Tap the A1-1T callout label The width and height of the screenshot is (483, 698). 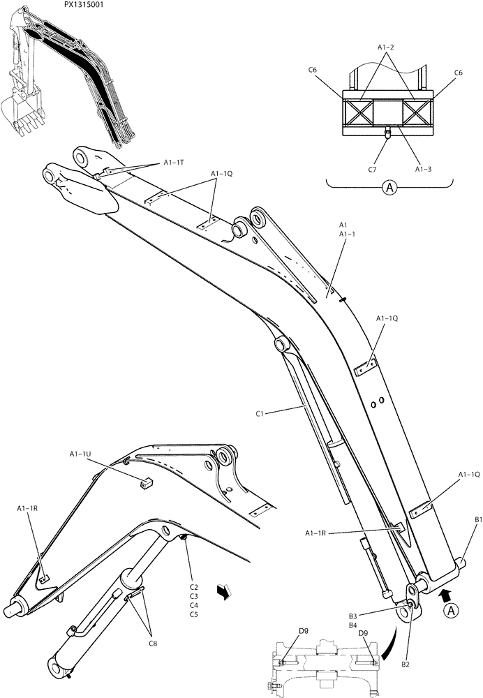pos(174,162)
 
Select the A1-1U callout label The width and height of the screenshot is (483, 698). pos(80,455)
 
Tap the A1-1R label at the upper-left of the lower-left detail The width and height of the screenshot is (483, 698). pos(28,510)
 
